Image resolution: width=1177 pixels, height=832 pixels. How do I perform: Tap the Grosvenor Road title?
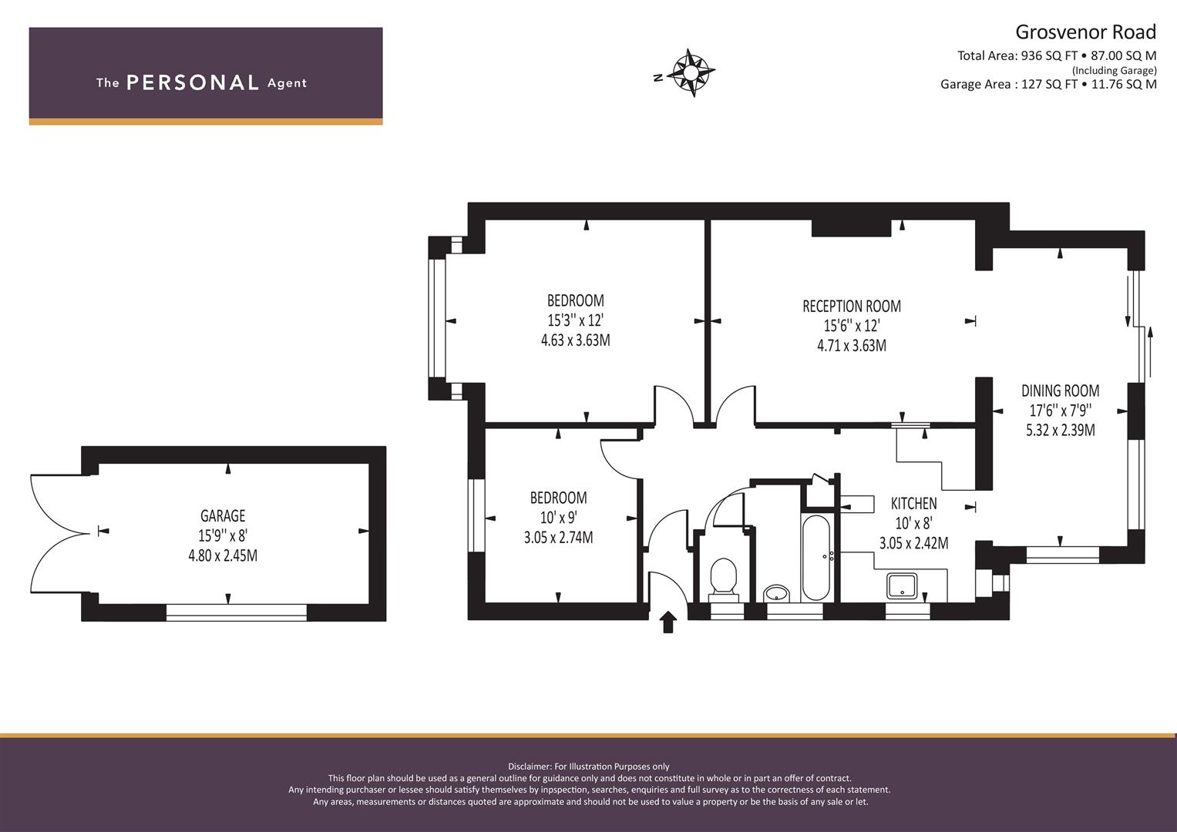[x=1085, y=32]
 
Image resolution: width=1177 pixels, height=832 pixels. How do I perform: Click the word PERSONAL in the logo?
[x=193, y=82]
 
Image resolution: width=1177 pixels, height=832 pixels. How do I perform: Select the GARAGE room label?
[x=223, y=515]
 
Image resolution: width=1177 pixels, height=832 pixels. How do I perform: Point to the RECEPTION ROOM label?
[x=851, y=307]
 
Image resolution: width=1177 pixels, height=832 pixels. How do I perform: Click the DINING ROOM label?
[x=1061, y=391]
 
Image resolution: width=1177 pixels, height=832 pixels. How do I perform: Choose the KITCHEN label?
[x=913, y=504]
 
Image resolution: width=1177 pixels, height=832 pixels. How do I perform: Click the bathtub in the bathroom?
[x=816, y=557]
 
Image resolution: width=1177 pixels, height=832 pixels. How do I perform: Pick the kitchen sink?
[x=902, y=586]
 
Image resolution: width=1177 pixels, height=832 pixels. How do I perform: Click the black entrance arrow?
[x=668, y=622]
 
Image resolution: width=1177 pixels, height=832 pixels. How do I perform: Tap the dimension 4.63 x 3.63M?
[x=575, y=341]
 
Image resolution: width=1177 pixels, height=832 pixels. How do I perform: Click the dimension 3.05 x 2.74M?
[x=559, y=538]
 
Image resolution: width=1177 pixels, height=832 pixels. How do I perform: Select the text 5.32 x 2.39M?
[x=1061, y=430]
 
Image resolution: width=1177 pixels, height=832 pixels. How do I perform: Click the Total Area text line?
[x=1057, y=55]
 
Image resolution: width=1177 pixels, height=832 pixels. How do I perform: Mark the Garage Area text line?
[x=1048, y=84]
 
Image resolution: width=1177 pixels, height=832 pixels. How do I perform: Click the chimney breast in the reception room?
[x=851, y=228]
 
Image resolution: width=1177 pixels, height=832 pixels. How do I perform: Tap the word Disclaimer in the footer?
[x=528, y=767]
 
